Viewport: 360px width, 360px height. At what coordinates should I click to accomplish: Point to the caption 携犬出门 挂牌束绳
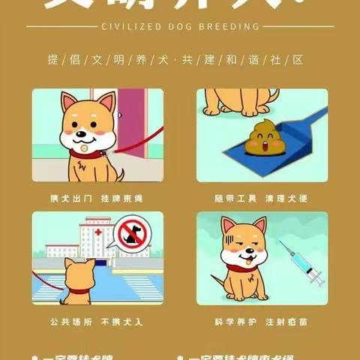[x=97, y=199]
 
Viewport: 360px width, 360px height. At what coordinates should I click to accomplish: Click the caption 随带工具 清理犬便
[x=262, y=199]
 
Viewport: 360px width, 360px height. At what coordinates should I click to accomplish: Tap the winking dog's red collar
[x=241, y=266]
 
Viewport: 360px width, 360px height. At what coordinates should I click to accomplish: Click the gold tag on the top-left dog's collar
[x=85, y=154]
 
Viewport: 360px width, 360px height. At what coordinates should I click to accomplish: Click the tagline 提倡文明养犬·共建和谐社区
[x=180, y=60]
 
